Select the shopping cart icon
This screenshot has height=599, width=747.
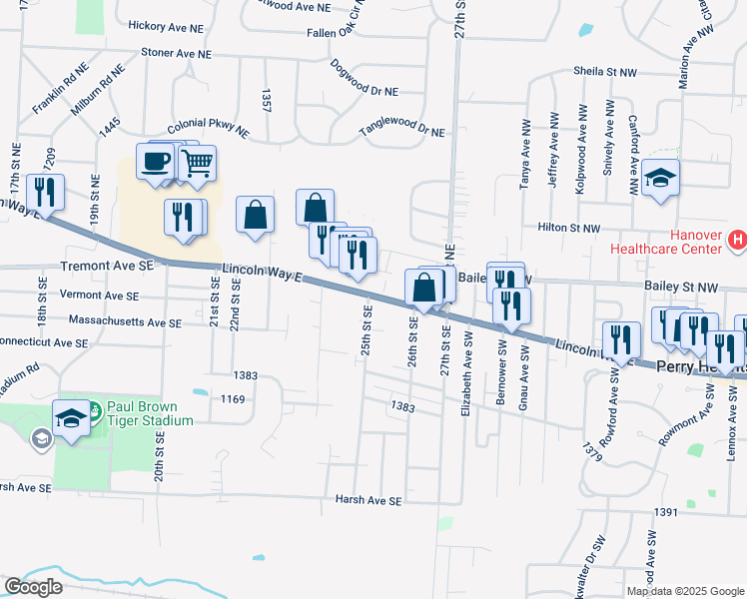point(198,163)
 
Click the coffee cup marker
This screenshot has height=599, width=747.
point(155,162)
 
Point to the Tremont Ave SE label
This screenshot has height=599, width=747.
point(107,267)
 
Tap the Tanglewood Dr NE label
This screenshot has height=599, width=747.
point(402,130)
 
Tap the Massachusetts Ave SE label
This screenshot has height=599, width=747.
point(125,322)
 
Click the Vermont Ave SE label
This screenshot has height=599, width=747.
point(100,296)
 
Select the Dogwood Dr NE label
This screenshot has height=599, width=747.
point(363,91)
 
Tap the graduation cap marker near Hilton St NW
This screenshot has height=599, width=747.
point(660,179)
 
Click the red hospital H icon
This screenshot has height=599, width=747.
point(737,240)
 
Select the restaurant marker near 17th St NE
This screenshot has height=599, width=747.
point(46,190)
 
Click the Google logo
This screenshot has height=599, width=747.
point(33,587)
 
